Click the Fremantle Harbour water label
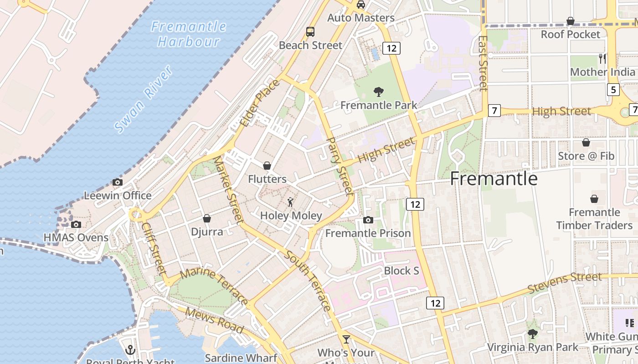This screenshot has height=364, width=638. pos(189,34)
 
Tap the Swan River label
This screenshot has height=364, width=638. pos(144,99)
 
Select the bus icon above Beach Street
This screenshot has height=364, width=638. pos(310,31)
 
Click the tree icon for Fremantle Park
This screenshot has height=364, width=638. pos(378,92)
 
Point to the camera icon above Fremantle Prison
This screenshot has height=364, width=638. pos(368,220)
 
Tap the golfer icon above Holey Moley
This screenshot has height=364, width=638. pos(290,202)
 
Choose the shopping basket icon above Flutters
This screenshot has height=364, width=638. pos(267,166)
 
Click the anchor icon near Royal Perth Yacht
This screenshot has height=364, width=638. pos(130,350)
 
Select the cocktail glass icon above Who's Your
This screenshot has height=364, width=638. pos(346,339)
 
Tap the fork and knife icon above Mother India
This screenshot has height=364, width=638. pos(602,58)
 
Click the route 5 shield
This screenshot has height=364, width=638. pos(613,90)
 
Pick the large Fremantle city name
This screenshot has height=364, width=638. pos(494,179)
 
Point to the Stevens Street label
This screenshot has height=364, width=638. pos(565,283)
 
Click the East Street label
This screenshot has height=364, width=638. pos(484,63)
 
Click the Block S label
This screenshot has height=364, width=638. pos(401,271)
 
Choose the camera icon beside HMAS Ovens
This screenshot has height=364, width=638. pos(76,224)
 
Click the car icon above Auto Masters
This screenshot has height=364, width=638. pos(361,5)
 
